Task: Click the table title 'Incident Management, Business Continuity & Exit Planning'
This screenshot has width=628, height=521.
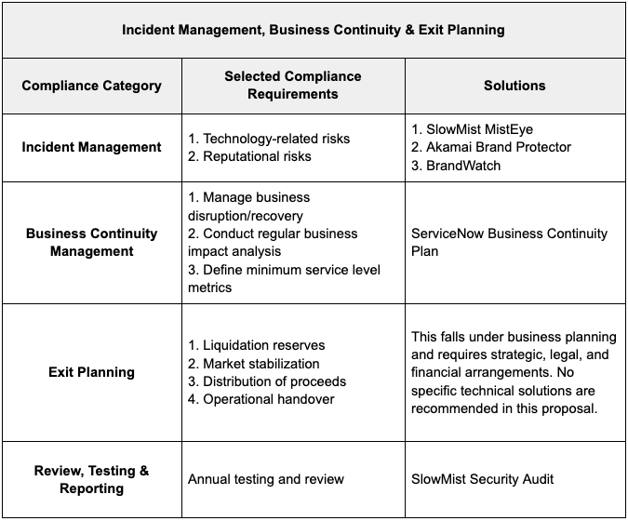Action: click(314, 30)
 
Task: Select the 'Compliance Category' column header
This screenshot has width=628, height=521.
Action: click(91, 86)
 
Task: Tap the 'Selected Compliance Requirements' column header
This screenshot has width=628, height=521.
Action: click(293, 85)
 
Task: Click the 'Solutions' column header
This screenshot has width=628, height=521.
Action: click(514, 86)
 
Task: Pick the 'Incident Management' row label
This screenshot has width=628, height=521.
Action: click(91, 147)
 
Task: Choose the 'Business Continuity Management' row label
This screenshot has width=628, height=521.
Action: click(91, 242)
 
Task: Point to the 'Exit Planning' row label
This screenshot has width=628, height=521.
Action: click(91, 372)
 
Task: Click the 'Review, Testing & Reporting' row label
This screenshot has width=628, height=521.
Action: click(91, 479)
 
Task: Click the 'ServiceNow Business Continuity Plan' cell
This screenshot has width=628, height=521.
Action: click(509, 242)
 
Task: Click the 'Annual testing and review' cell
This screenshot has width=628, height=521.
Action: click(266, 479)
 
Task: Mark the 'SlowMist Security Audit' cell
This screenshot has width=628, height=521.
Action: click(482, 479)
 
